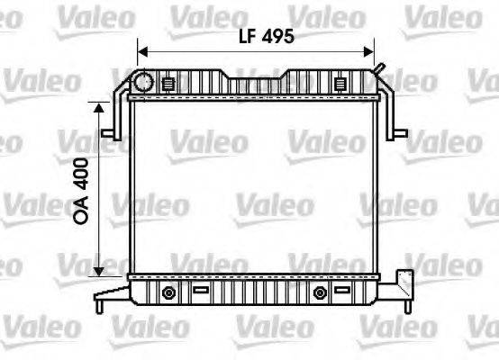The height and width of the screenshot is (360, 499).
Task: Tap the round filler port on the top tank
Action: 145,83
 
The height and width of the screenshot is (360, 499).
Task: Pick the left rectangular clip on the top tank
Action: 168,84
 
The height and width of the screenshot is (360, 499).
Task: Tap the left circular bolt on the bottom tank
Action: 168,293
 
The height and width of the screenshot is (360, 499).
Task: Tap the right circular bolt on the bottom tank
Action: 319,293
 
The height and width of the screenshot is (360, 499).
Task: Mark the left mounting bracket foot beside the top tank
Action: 110,133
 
